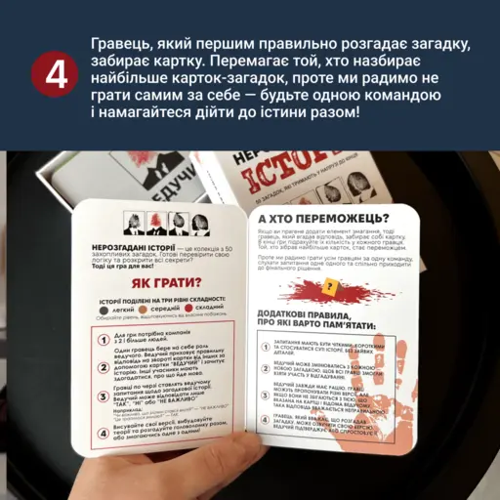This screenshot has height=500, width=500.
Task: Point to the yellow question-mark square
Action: pos(332,288)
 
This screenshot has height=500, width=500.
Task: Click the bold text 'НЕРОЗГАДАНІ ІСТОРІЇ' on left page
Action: pos(116,250)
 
